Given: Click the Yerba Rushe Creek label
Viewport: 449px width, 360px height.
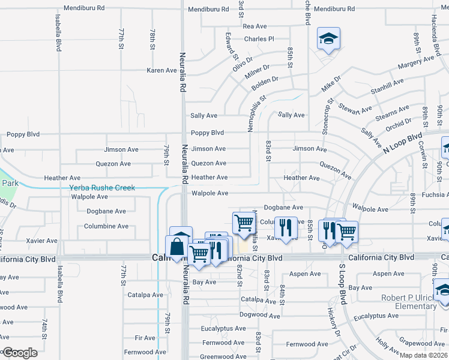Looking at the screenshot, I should pyautogui.click(x=102, y=188).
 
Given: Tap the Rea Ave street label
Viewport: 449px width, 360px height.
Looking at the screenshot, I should pyautogui.click(x=255, y=26).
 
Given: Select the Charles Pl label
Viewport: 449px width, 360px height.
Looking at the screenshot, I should pyautogui.click(x=259, y=39).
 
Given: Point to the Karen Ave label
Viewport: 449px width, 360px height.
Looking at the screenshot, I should pyautogui.click(x=161, y=70).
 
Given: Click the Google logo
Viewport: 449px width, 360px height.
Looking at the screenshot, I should pyautogui.click(x=19, y=353).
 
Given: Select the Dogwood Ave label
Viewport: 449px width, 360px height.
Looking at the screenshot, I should pyautogui.click(x=259, y=315).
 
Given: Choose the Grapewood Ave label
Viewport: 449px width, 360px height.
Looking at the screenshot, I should pyautogui.click(x=423, y=343).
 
